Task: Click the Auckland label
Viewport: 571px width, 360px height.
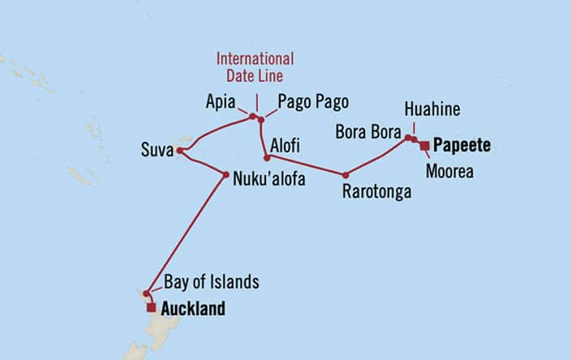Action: [x=193, y=309]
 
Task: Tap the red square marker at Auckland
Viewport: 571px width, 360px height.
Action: [x=151, y=308]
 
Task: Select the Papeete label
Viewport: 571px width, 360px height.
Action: [x=462, y=146]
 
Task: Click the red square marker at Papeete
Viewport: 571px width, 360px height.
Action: [x=424, y=145]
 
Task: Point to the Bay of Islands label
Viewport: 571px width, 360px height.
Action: [x=212, y=282]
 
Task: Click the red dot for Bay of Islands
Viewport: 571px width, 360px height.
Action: [x=146, y=294]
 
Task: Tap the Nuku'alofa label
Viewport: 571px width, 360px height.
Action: [x=269, y=179]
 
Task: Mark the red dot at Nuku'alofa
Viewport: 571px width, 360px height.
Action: [x=225, y=174]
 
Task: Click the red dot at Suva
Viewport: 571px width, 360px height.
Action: [x=179, y=150]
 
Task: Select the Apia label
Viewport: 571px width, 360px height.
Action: [x=220, y=103]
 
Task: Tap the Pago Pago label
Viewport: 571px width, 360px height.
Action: [x=313, y=102]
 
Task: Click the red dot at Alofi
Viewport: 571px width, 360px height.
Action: [x=267, y=157]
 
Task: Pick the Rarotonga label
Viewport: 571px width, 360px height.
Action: [x=377, y=192]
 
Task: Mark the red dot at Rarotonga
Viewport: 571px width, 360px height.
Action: [x=346, y=174]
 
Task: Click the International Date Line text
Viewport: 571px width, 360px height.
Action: [x=255, y=66]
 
